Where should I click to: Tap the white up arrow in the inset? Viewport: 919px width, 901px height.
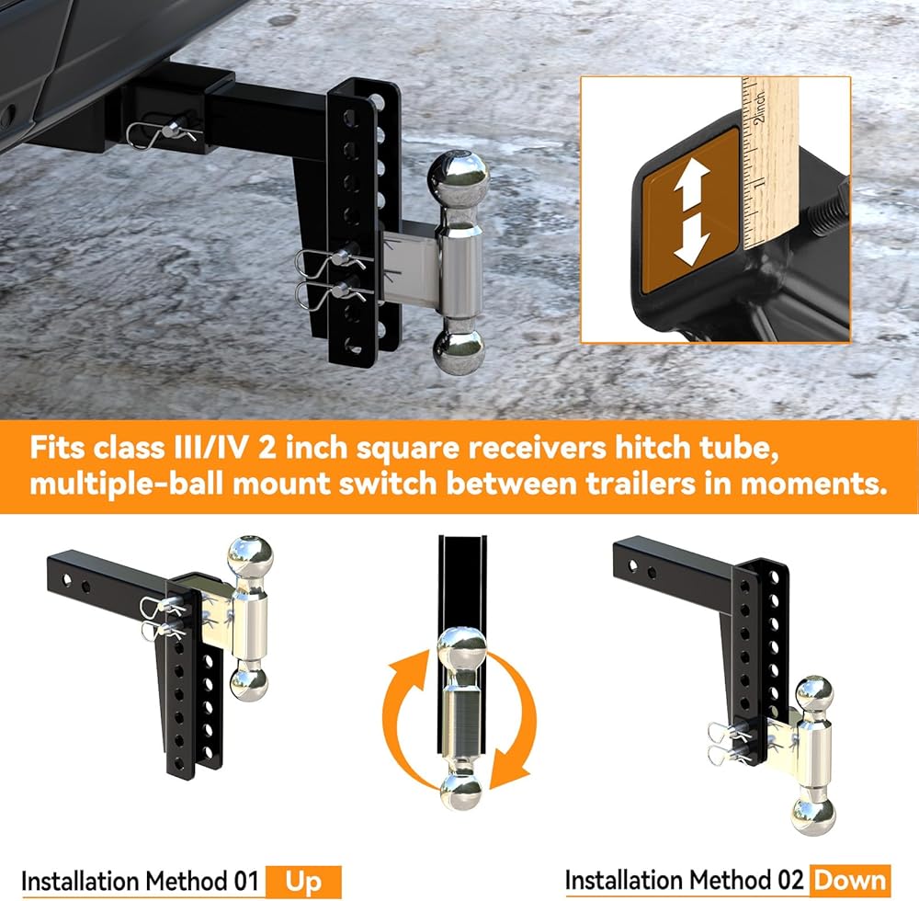pos(692,182)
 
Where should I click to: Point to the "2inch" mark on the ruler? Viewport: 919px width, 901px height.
pos(760,107)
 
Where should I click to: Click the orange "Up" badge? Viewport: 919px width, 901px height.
pos(303,881)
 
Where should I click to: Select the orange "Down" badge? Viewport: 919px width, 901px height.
pos(850,880)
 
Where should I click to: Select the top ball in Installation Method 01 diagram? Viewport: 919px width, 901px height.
pos(250,559)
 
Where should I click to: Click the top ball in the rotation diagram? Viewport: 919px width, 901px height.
pos(462,649)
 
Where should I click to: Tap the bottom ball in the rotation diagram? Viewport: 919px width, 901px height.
pos(461,792)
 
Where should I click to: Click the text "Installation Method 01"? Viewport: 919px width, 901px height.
pos(140,882)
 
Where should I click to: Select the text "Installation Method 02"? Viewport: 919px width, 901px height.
pos(684,881)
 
